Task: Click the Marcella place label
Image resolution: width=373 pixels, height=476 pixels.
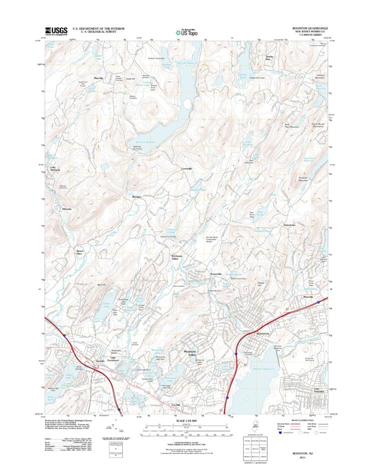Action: coord(99,79)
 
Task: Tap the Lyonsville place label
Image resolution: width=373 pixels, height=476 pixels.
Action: coord(186,169)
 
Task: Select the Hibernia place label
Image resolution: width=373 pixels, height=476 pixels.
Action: coord(67,209)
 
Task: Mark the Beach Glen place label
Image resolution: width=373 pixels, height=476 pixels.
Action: coord(80,252)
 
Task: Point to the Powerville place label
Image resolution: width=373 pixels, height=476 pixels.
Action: coord(216,274)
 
